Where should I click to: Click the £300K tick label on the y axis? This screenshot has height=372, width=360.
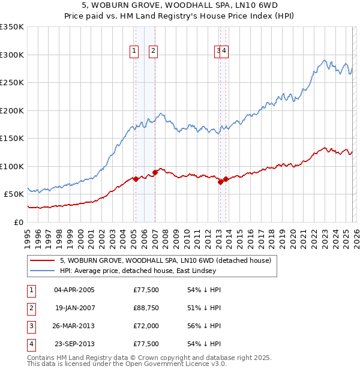pos(12,55)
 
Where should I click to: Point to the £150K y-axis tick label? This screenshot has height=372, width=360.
pos(12,138)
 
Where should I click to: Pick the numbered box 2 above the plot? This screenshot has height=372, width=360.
pos(153,52)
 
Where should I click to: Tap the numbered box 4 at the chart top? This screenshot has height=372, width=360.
pos(224,52)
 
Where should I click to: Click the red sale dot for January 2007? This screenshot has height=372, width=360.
pos(155,172)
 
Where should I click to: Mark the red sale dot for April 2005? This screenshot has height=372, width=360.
pos(136,179)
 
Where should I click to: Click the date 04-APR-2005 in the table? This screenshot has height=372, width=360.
pos(74,290)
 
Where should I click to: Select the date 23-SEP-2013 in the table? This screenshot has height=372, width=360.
pos(74,344)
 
